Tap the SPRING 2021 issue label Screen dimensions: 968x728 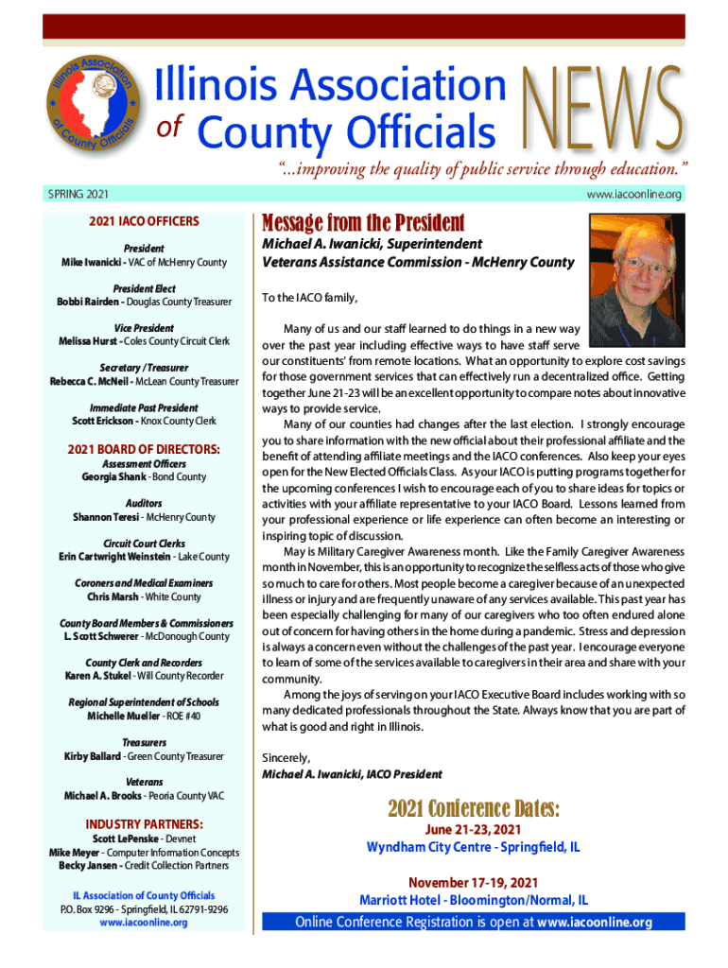point(78,195)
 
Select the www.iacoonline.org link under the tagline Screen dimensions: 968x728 point(633,195)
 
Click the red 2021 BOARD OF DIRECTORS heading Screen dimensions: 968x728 point(145,448)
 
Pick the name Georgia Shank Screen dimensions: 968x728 point(109,476)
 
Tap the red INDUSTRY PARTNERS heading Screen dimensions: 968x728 point(145,823)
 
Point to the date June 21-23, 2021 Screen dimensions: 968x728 point(474,830)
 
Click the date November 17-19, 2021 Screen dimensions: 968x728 point(474,882)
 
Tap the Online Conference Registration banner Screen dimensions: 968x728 point(474,922)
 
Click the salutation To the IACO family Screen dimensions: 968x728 point(310,298)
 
